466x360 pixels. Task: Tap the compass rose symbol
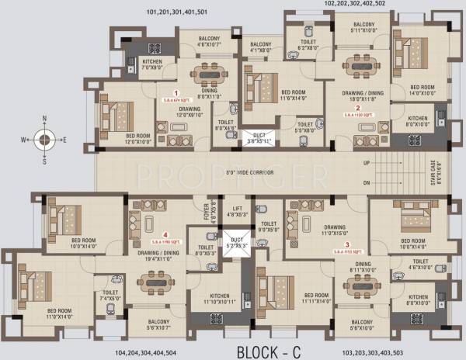(45, 140)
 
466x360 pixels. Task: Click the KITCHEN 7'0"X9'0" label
(152, 64)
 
